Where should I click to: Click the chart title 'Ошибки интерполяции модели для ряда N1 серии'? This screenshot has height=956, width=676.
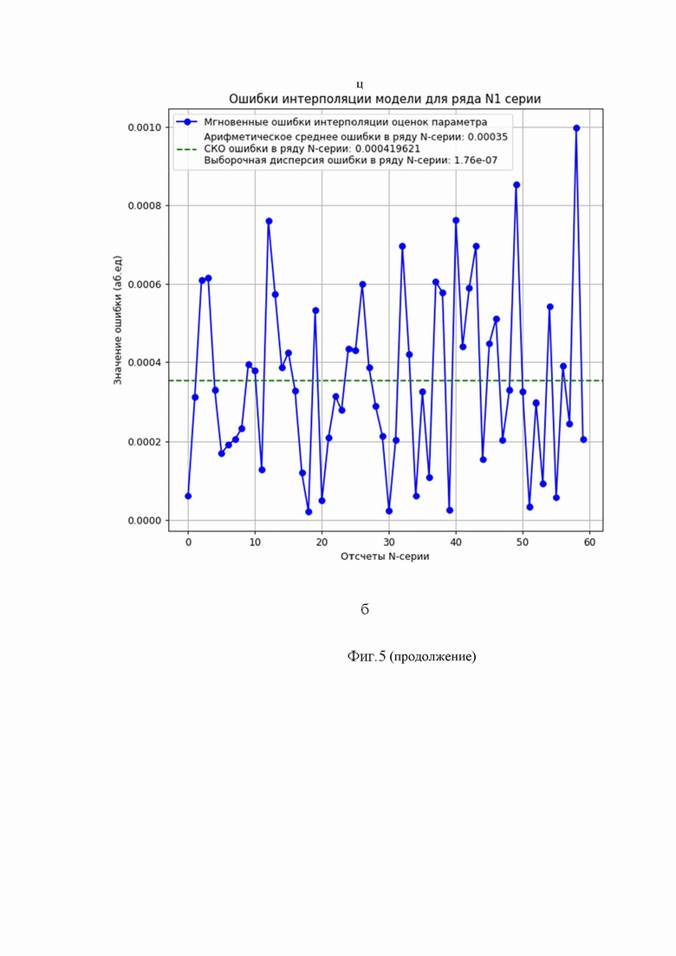(x=385, y=99)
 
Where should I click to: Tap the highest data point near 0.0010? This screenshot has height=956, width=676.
(x=576, y=128)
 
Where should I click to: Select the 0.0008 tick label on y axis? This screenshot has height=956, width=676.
(x=145, y=206)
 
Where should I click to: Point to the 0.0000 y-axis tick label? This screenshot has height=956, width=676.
(x=145, y=521)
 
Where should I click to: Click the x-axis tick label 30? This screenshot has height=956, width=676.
(x=389, y=542)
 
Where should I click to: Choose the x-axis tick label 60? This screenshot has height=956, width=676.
(x=589, y=542)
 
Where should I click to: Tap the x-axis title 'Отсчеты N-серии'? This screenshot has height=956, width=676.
(x=385, y=556)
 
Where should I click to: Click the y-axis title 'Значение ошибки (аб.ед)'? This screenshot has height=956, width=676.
(x=118, y=320)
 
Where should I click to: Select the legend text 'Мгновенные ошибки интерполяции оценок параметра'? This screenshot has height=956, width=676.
(x=345, y=122)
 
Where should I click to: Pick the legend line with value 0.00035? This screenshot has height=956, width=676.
(x=355, y=137)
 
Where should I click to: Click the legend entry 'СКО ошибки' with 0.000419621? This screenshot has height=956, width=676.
(x=311, y=149)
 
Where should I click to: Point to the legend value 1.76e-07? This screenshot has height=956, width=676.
(x=476, y=160)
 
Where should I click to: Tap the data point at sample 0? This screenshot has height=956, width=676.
(x=188, y=497)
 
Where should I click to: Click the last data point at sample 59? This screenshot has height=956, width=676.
(x=583, y=439)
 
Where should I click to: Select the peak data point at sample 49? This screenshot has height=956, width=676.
(x=517, y=185)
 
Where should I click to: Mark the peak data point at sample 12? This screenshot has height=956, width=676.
(x=269, y=221)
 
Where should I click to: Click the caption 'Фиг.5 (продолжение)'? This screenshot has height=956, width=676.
(x=412, y=657)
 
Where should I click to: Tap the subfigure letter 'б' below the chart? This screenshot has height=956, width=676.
(x=365, y=609)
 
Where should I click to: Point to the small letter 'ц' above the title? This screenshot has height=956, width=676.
(x=361, y=85)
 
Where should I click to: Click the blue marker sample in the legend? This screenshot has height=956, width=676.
(x=187, y=122)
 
